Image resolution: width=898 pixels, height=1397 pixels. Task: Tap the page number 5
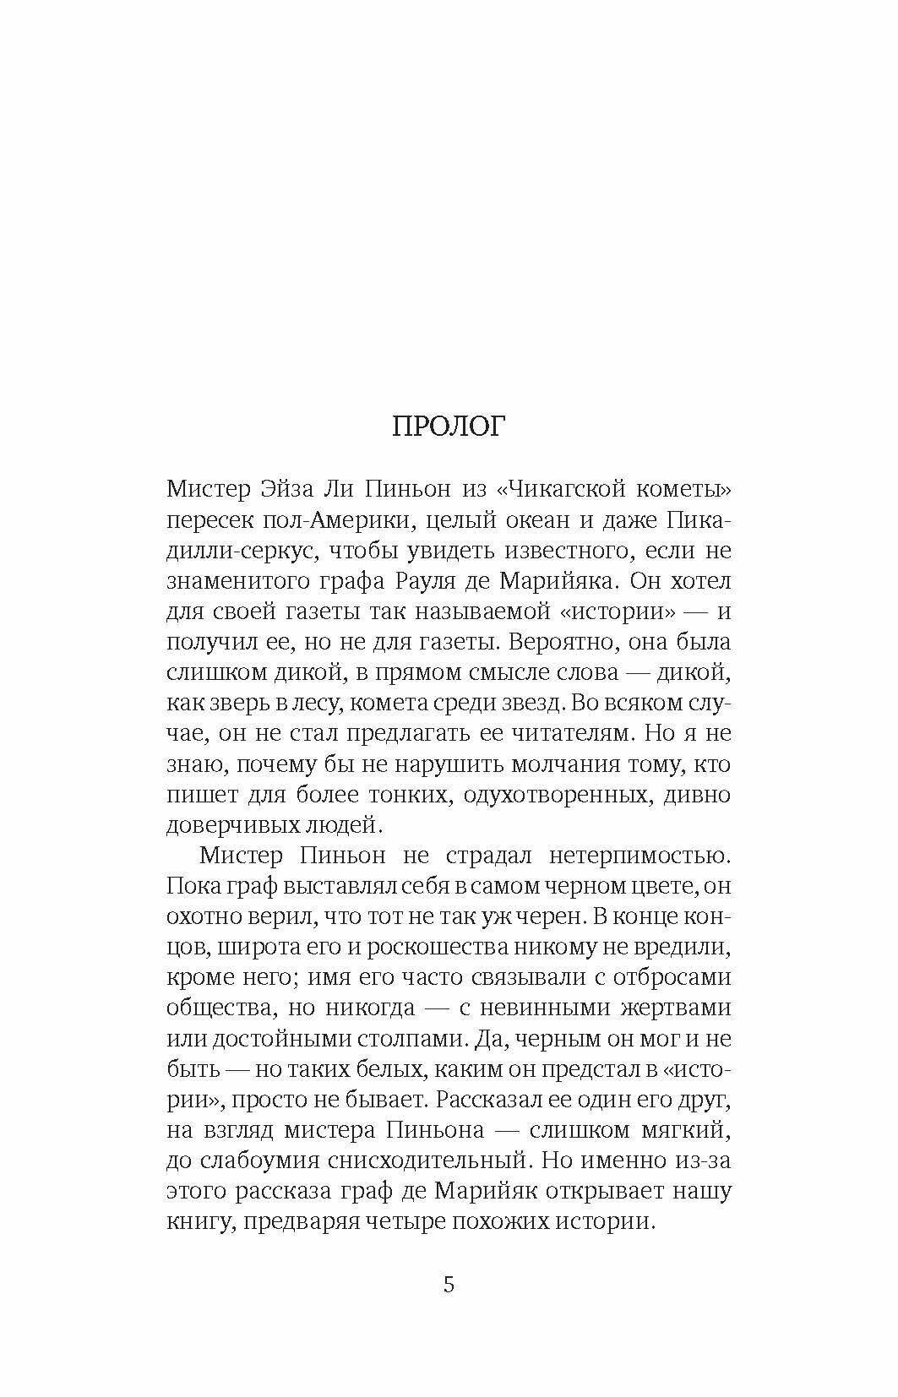449,1285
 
